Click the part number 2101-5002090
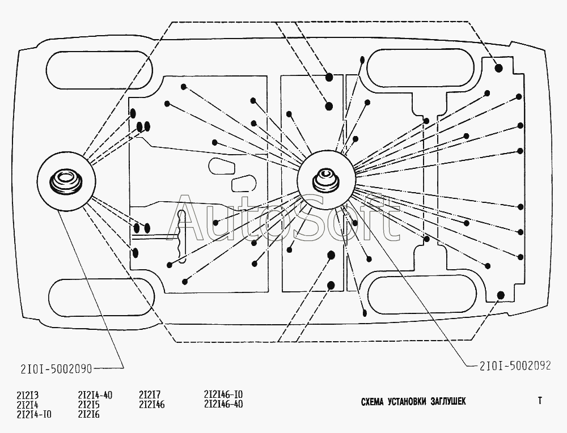(56, 368)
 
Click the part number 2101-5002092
(515, 366)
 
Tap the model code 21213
(27, 395)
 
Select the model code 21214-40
(95, 395)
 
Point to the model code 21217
(149, 394)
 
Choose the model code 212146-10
(223, 394)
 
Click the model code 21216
(88, 414)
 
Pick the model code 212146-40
(223, 404)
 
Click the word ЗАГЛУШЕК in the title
(448, 402)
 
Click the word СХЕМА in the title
(372, 402)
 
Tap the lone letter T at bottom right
(540, 401)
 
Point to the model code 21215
(88, 405)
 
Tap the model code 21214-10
(34, 414)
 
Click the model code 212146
(151, 405)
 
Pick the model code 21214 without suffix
(27, 405)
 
